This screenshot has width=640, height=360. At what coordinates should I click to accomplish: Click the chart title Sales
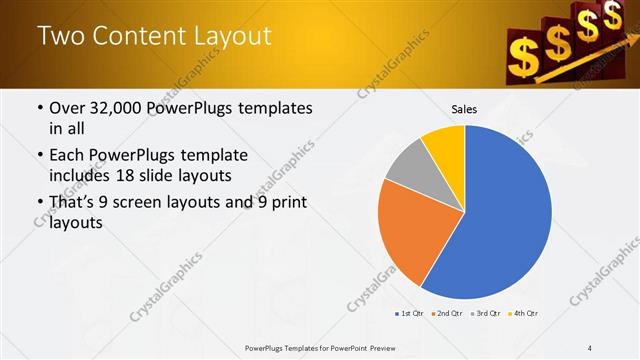point(464,109)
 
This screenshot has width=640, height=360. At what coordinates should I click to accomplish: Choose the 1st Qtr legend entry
point(410,314)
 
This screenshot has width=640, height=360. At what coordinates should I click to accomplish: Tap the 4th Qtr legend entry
point(524,314)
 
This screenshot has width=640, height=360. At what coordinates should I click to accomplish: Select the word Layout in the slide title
point(232,36)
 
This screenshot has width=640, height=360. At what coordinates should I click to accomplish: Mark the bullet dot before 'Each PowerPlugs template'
point(39,156)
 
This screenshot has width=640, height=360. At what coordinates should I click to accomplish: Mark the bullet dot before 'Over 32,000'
point(39,107)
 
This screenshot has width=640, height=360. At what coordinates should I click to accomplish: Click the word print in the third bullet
point(286,203)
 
